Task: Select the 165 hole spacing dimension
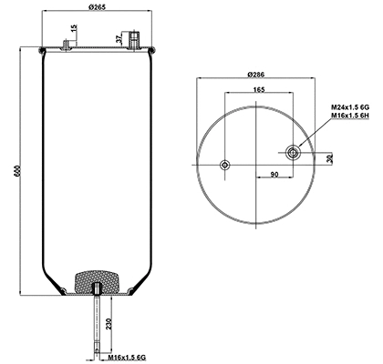point(258,90)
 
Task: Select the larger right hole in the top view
point(294,152)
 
